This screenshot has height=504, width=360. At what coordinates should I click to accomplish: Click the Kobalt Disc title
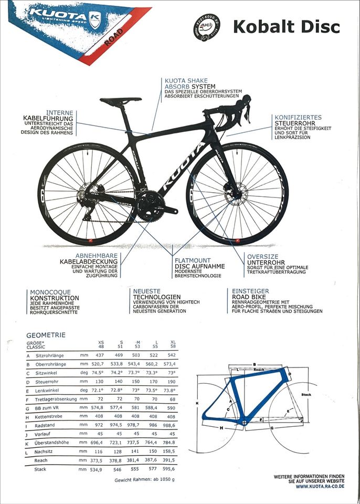[x=286, y=26]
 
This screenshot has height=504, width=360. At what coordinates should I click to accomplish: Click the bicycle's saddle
[x=121, y=100]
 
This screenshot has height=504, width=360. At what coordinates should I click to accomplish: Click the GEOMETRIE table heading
[x=46, y=335]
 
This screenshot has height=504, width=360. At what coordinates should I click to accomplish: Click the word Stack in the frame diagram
[x=306, y=393]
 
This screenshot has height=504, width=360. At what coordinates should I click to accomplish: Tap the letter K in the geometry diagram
[x=198, y=403]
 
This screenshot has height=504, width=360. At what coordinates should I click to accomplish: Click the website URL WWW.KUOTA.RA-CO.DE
[x=320, y=486]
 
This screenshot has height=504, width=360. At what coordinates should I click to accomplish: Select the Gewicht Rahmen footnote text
[x=145, y=480]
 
